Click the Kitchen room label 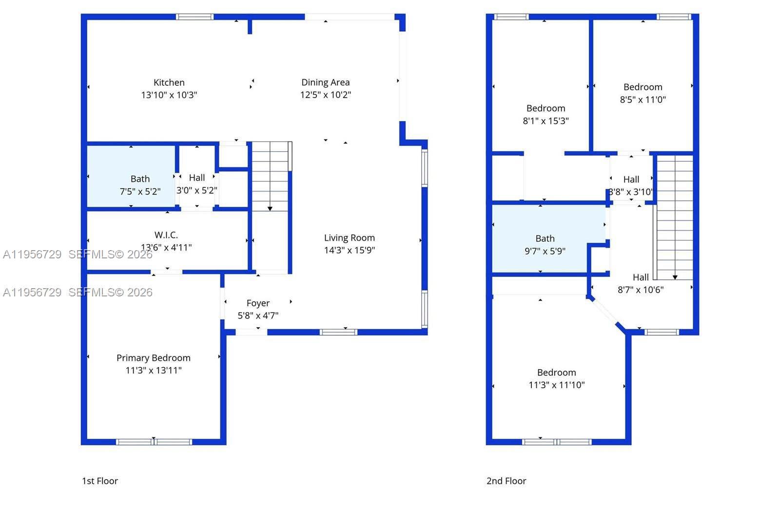click(x=169, y=82)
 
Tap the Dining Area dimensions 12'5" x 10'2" click(x=325, y=95)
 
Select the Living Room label click(x=349, y=238)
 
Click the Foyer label click(x=258, y=303)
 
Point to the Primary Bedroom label click(x=153, y=358)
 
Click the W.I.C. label click(x=166, y=235)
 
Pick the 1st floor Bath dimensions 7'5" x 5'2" click(x=140, y=192)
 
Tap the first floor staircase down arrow click(x=270, y=208)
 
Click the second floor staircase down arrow click(x=675, y=277)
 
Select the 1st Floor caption click(x=100, y=481)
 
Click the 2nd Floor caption click(x=506, y=481)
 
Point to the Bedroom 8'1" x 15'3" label click(x=546, y=108)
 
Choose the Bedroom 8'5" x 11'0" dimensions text click(x=643, y=100)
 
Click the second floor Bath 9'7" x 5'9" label click(x=545, y=239)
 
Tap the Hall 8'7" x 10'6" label click(x=641, y=277)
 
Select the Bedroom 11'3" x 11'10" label click(x=556, y=372)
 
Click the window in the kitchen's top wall click(x=195, y=17)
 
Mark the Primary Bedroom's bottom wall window click(x=154, y=442)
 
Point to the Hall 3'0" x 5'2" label click(x=197, y=178)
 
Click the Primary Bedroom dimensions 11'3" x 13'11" click(x=153, y=371)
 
